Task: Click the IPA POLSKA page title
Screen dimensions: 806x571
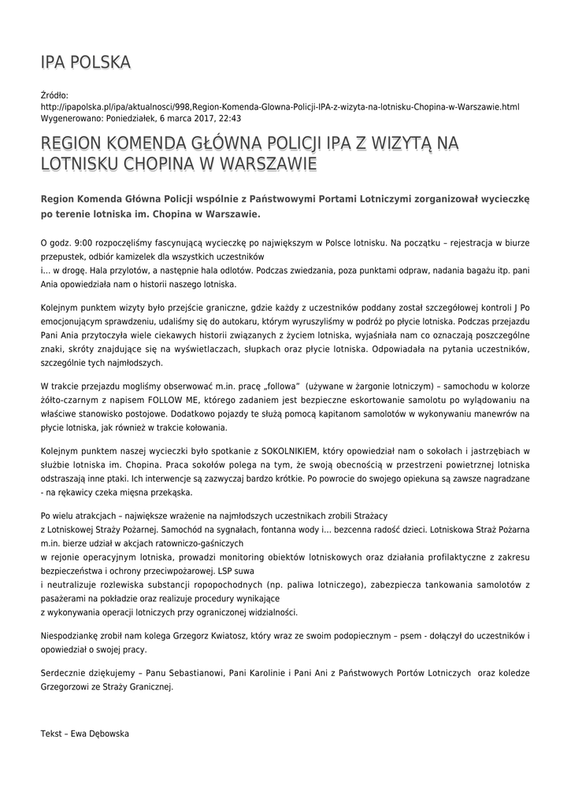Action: [x=86, y=62]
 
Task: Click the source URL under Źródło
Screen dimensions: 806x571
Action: [x=280, y=106]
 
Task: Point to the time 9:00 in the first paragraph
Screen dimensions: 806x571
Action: [x=82, y=235]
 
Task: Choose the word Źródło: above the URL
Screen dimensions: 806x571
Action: [x=55, y=94]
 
